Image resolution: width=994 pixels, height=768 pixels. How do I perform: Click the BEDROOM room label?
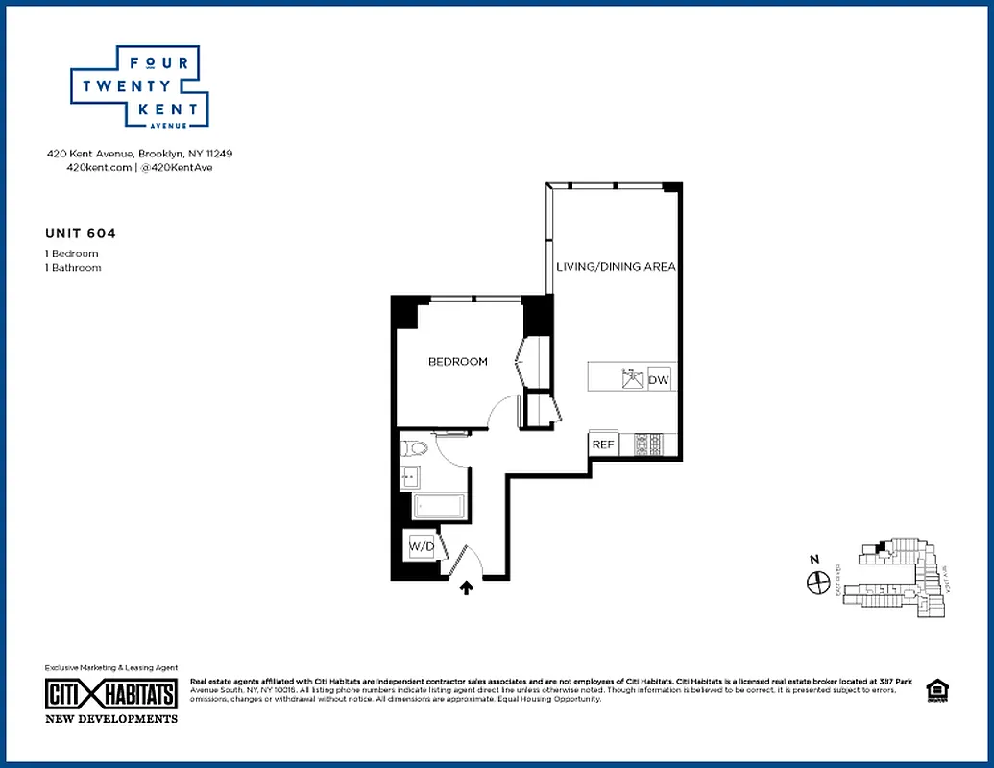[458, 362]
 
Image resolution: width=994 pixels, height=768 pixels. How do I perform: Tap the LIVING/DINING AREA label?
[617, 266]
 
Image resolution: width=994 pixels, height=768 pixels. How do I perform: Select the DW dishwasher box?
[659, 380]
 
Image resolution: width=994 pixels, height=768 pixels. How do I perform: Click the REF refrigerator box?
[602, 444]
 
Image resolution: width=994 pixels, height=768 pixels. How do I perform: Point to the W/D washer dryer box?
[422, 546]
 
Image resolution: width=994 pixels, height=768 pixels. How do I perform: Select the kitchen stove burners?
[648, 444]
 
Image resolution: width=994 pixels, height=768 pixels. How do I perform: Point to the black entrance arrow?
[468, 588]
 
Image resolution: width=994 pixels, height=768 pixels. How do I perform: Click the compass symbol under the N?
[818, 582]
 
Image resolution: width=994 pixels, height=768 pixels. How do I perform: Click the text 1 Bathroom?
[73, 268]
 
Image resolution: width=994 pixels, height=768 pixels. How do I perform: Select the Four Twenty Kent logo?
[139, 87]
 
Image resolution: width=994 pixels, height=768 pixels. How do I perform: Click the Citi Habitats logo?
[111, 693]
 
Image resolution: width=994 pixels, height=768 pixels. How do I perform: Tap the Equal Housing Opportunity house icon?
[934, 690]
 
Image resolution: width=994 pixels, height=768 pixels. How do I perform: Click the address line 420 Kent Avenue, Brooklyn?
[140, 154]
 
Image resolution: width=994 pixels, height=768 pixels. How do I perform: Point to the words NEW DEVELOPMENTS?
[111, 718]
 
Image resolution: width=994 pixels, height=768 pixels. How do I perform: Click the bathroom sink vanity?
[408, 475]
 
